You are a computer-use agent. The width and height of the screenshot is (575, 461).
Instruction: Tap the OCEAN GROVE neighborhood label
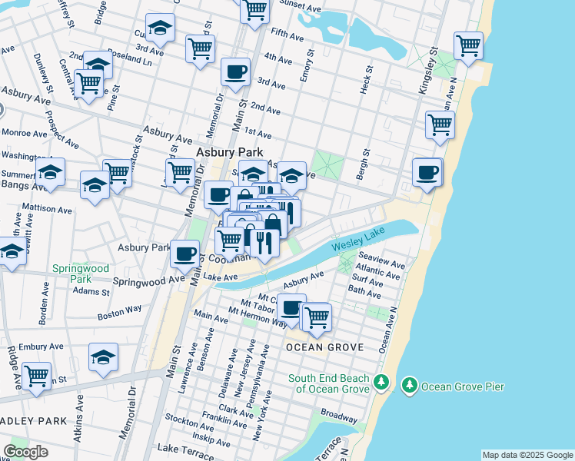pos(324,347)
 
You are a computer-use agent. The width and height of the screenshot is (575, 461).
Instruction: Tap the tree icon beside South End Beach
pos(380,382)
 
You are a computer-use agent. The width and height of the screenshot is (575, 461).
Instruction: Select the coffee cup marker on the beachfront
pos(427,172)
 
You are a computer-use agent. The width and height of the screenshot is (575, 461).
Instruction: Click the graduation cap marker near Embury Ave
pos(103,357)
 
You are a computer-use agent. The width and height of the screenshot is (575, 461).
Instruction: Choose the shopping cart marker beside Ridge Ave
pos(36,376)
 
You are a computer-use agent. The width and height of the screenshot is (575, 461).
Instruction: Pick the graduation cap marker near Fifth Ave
pos(160,28)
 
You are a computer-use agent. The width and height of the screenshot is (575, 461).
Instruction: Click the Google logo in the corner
pos(25,452)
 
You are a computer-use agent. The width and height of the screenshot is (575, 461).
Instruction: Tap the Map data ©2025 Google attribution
pos(527,455)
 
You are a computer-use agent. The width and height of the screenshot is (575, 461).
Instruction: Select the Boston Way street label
pos(120,311)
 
